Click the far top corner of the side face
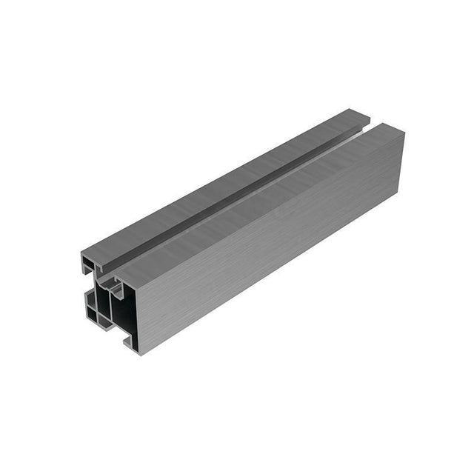pyautogui.click(x=404, y=133)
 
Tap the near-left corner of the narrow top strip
pyautogui.click(x=82, y=256)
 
